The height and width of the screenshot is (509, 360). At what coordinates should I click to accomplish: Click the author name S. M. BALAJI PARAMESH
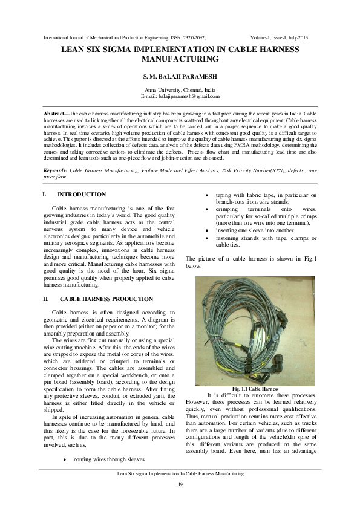click(x=179, y=76)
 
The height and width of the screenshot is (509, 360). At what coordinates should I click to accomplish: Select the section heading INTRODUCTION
click(x=82, y=195)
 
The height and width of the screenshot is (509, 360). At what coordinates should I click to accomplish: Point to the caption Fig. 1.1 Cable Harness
click(x=255, y=389)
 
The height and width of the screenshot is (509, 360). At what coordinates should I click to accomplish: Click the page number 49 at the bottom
click(x=180, y=485)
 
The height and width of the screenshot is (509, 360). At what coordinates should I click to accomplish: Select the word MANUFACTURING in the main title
click(x=179, y=60)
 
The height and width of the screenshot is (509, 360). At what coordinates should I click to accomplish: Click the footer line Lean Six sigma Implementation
click(x=180, y=475)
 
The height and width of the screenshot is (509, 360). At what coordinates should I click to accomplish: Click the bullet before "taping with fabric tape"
click(x=208, y=195)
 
